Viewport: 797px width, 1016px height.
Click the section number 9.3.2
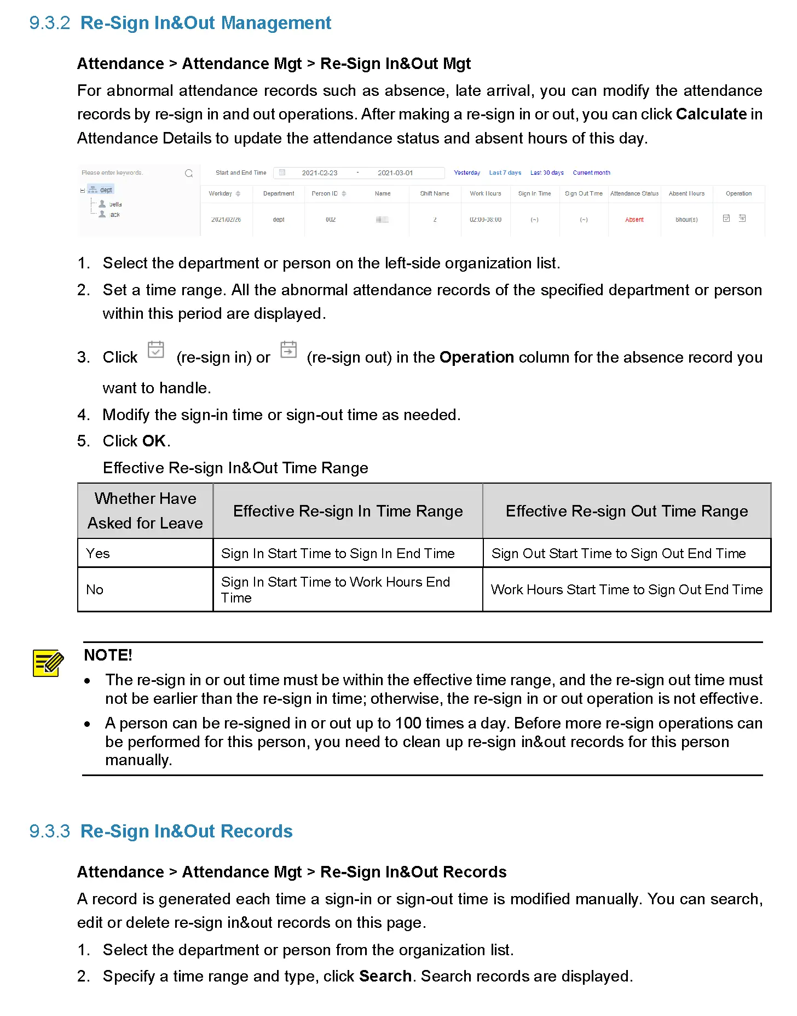pyautogui.click(x=49, y=23)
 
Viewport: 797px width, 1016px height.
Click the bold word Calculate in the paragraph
pyautogui.click(x=711, y=114)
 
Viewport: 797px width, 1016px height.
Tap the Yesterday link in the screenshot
pyautogui.click(x=466, y=173)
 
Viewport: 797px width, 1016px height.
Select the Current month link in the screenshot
pyautogui.click(x=591, y=173)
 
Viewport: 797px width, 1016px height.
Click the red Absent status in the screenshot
pyautogui.click(x=634, y=220)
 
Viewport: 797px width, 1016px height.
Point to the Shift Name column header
pyautogui.click(x=434, y=193)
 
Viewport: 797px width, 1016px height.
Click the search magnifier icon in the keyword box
pyautogui.click(x=189, y=173)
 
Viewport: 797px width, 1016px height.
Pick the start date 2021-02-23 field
pyautogui.click(x=320, y=173)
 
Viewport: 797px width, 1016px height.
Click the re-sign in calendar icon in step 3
pyautogui.click(x=156, y=349)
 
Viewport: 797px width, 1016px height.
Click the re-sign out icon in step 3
pyautogui.click(x=288, y=349)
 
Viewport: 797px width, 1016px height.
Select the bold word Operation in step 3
pyautogui.click(x=476, y=357)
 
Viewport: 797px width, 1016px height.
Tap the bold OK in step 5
pyautogui.click(x=153, y=441)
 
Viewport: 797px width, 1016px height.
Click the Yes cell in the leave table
pyautogui.click(x=98, y=553)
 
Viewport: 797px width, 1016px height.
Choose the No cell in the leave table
pyautogui.click(x=95, y=589)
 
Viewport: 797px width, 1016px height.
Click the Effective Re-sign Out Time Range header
pyautogui.click(x=626, y=511)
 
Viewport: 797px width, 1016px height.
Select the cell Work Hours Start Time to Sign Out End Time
pyautogui.click(x=626, y=589)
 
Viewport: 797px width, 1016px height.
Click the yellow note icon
pyautogui.click(x=48, y=663)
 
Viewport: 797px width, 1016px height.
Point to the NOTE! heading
pyautogui.click(x=108, y=655)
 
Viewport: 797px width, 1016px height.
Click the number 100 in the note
pyautogui.click(x=408, y=723)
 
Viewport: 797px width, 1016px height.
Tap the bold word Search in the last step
pyautogui.click(x=385, y=976)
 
